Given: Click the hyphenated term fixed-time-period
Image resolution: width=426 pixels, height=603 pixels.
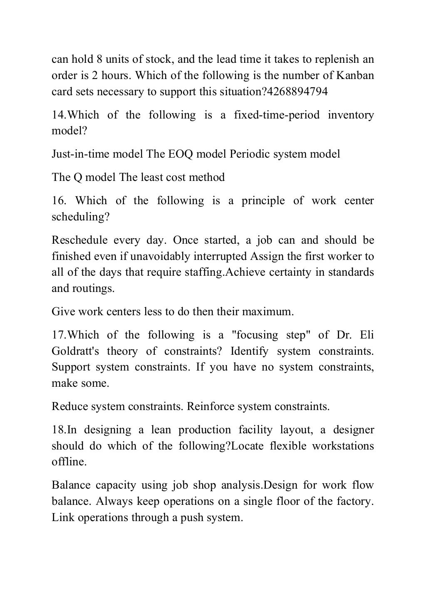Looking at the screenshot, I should point(277,115).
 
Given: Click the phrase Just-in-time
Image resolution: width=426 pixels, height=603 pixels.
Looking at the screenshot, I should point(77,154).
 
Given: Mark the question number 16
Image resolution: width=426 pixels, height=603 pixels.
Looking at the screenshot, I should point(59,200).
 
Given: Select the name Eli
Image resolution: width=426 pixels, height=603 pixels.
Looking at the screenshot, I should point(367,335).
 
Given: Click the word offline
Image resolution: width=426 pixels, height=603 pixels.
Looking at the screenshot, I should point(69,462).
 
